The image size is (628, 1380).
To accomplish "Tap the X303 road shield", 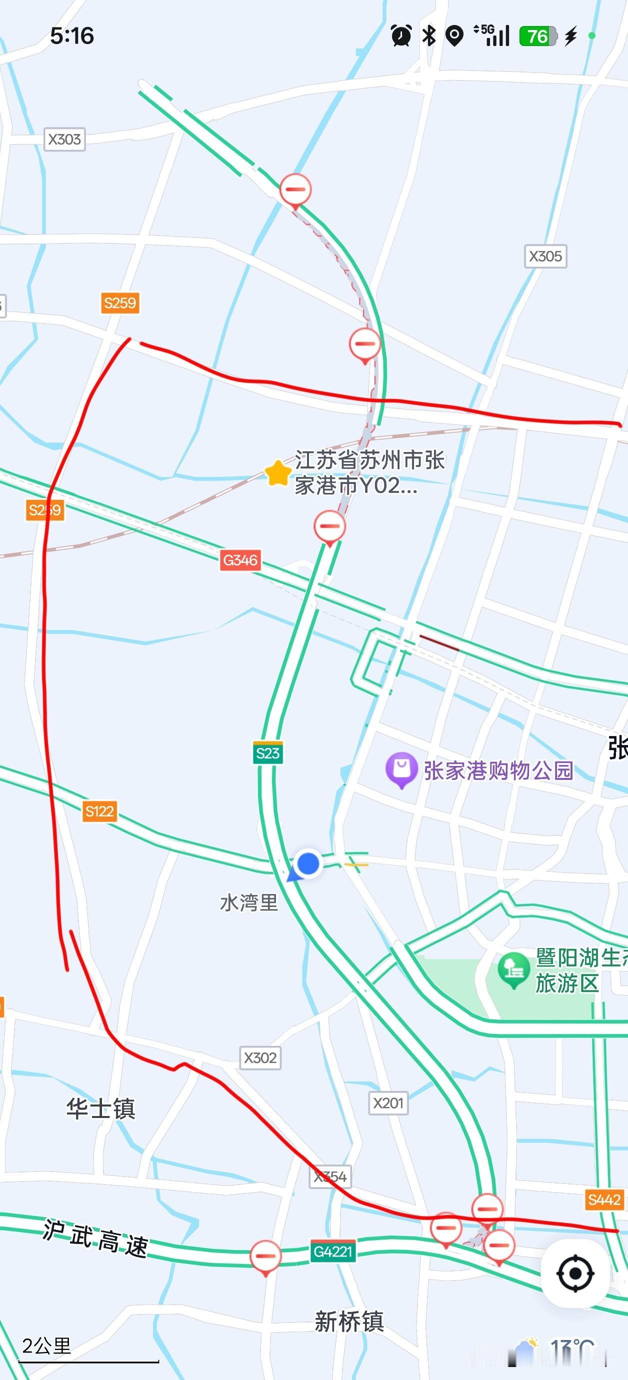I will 64,139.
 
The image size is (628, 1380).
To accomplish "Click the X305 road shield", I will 545,256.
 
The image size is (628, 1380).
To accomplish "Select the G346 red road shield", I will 240,560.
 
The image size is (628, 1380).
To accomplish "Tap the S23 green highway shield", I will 268,753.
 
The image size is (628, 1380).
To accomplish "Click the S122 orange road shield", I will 99,811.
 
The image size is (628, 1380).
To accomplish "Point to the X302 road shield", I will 260,1057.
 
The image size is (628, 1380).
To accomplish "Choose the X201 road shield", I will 388,1102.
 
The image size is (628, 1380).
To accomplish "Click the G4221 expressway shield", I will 333,1251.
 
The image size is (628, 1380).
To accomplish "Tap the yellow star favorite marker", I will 277,473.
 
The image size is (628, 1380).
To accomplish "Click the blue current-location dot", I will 308,863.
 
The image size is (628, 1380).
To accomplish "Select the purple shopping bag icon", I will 401,769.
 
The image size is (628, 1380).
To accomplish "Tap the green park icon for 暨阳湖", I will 514,968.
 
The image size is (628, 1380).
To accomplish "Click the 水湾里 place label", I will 249,902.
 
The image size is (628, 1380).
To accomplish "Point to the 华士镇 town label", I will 100,1108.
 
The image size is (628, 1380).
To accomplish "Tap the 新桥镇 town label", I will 349,1321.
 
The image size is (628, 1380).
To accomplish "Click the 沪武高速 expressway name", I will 95,1238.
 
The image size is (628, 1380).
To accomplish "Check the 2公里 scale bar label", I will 46,1345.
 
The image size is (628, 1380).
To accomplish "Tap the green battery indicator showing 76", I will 537,36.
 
